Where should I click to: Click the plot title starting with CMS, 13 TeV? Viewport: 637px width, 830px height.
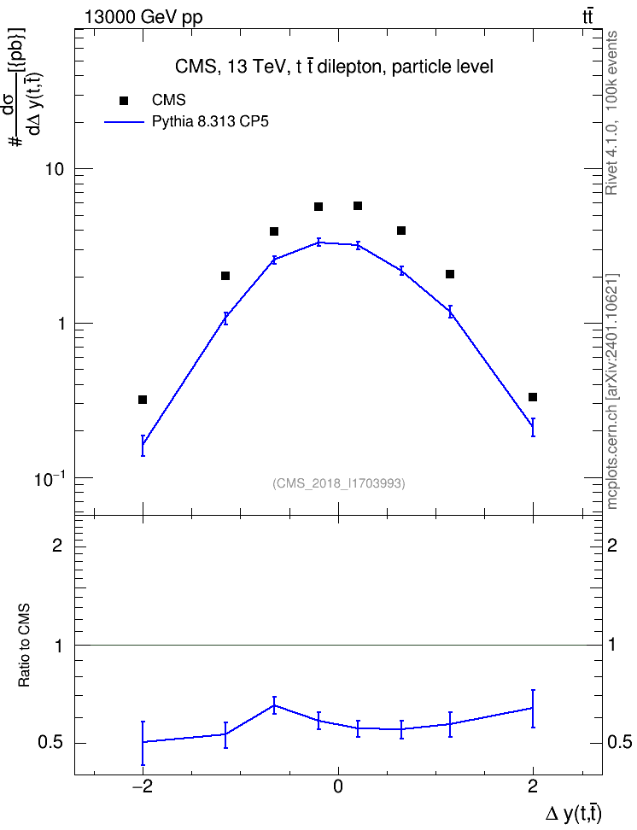click(x=334, y=67)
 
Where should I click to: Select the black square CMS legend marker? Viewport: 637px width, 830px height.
click(x=124, y=100)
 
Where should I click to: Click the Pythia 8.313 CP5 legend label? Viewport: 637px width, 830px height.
click(x=210, y=122)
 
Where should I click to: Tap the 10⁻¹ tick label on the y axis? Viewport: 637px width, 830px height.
click(x=48, y=479)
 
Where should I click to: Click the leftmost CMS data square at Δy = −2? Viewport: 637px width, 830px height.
click(x=143, y=400)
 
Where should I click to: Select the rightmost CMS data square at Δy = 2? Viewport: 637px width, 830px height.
click(x=533, y=397)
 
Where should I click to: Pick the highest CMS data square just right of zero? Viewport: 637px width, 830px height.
click(x=358, y=206)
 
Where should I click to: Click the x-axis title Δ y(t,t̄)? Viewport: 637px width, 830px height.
click(x=573, y=814)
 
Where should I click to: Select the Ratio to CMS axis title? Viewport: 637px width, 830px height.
click(x=24, y=646)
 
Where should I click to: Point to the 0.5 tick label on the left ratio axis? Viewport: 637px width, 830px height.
click(x=50, y=743)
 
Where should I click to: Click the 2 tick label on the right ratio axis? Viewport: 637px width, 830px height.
click(x=612, y=546)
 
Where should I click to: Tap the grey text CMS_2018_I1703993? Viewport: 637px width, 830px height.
click(x=339, y=483)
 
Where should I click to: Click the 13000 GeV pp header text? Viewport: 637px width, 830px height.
click(x=143, y=18)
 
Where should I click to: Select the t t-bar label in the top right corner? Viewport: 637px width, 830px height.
click(x=587, y=17)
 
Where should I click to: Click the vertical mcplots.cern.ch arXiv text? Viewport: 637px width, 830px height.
click(x=611, y=392)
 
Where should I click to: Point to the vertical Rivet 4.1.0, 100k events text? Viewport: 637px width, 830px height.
click(x=611, y=113)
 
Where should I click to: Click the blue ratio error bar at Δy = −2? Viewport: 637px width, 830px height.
click(x=143, y=743)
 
